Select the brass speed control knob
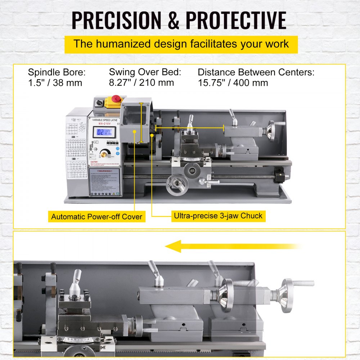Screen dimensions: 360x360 [104, 154]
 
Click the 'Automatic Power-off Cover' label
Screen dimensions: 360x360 [97, 217]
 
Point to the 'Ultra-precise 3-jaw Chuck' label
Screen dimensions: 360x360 [219, 216]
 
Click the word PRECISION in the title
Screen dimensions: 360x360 [114, 21]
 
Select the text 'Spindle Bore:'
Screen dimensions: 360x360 [57, 72]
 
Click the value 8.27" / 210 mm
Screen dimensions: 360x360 [141, 82]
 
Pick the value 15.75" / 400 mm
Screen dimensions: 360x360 [233, 82]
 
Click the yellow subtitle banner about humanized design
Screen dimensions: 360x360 [181, 44]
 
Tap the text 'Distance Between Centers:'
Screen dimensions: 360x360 [256, 72]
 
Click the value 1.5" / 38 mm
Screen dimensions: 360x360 [55, 82]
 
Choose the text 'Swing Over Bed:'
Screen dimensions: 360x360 [145, 72]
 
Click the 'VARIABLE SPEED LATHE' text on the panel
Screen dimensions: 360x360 [104, 120]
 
